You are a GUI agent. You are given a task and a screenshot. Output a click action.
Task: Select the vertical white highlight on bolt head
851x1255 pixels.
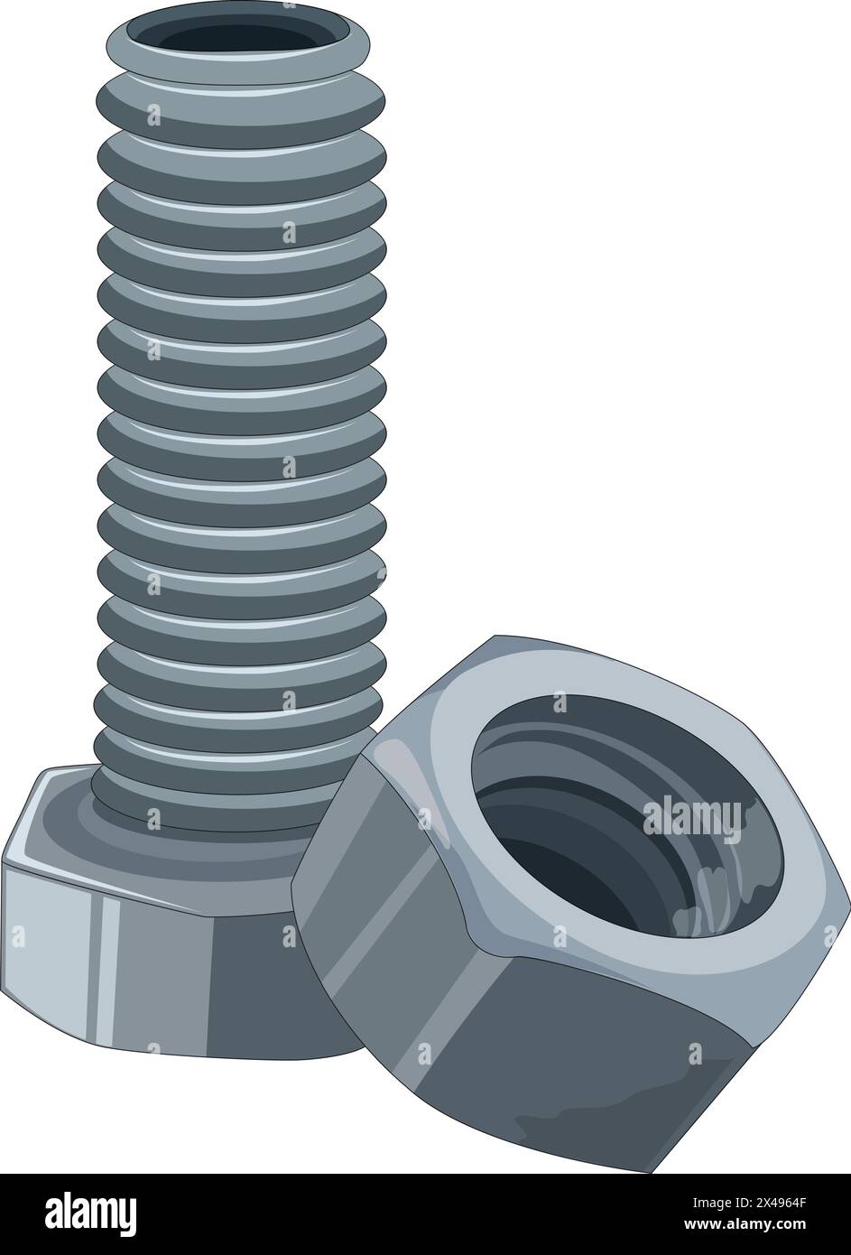[108, 966]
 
